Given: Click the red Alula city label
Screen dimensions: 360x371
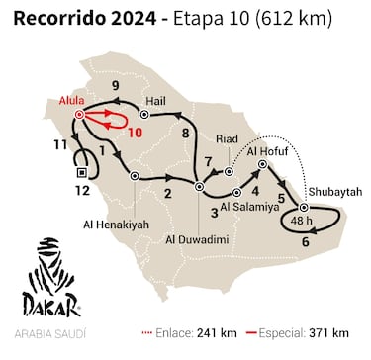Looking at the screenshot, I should click(71, 101).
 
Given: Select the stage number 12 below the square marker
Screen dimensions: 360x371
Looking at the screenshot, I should click(84, 189).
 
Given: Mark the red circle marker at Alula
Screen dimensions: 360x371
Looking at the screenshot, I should click(79, 115).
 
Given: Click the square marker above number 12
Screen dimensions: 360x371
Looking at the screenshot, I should click(83, 172).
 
